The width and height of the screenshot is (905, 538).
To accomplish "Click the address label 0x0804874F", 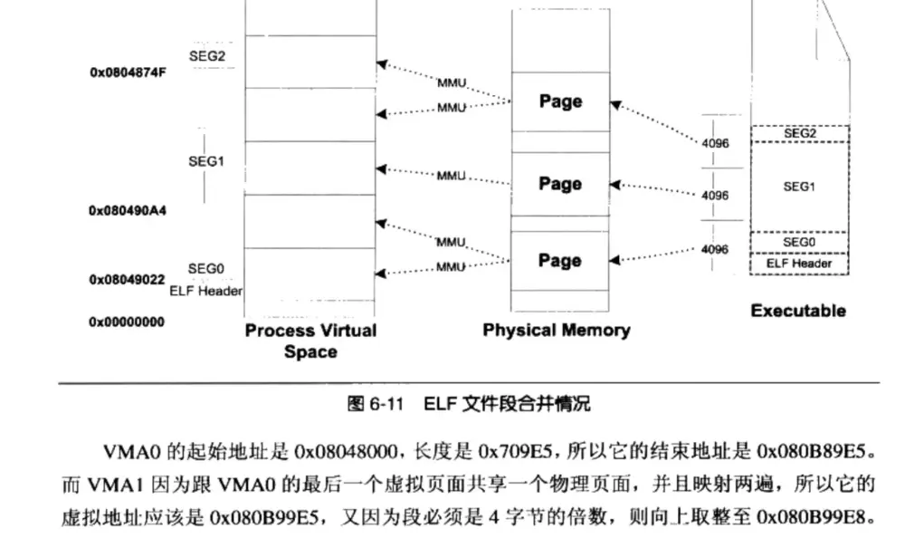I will (127, 72).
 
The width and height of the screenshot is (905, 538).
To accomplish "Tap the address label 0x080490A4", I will (127, 210).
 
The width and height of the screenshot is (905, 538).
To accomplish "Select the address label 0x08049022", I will (127, 280).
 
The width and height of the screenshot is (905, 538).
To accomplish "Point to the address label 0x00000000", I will (127, 322).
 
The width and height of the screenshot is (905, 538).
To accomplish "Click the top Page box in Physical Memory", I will (560, 101).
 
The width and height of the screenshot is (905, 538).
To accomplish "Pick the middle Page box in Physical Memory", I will (560, 184).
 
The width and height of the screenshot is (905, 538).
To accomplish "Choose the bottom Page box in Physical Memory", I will (560, 261).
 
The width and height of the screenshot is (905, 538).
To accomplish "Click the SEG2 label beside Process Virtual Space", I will (206, 54).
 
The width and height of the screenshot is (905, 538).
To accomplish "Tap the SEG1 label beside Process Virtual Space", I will (206, 161).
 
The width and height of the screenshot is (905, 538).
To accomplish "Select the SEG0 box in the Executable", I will (799, 243).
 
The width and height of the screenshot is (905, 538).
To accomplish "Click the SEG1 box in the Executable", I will (799, 187).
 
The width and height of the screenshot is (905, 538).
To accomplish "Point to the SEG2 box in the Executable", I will (799, 133).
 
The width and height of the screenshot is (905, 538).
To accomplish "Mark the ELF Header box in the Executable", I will (799, 264).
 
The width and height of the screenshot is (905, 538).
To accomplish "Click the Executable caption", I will (798, 311).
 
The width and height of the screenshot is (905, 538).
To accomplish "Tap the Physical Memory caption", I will (556, 330).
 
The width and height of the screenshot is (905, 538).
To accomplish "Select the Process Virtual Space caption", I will (310, 341).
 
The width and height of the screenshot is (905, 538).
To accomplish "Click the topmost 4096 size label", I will (715, 143).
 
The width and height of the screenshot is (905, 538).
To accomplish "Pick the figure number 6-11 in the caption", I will (379, 404).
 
